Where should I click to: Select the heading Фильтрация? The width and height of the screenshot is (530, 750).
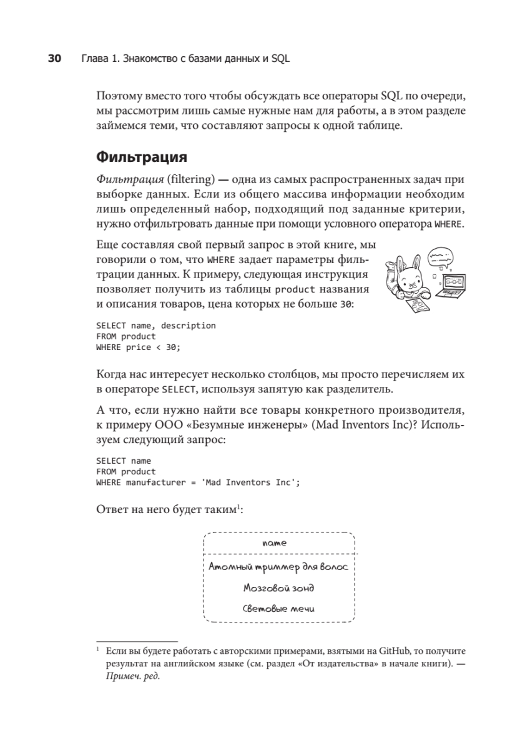tap(142, 156)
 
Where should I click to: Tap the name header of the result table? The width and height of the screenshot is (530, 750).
tap(279, 544)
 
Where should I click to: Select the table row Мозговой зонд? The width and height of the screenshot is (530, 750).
tap(278, 588)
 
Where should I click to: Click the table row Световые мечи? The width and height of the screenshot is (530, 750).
tap(278, 608)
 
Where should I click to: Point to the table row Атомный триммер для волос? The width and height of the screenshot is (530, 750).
tap(278, 567)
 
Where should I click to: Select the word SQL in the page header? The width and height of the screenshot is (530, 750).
tap(281, 59)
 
